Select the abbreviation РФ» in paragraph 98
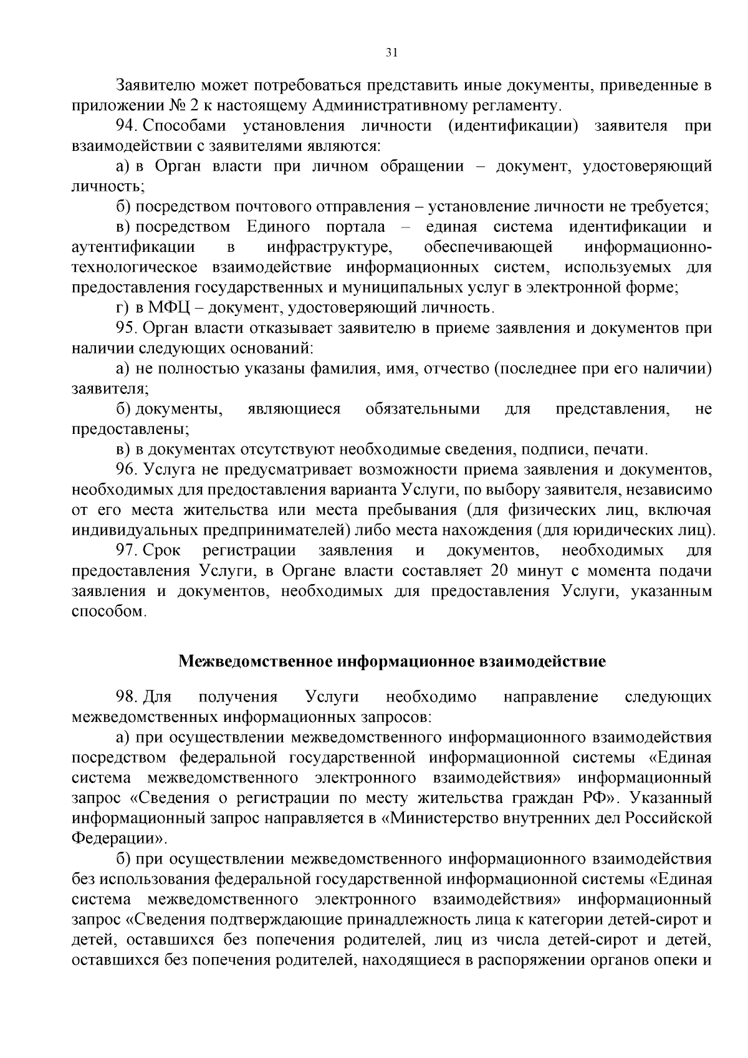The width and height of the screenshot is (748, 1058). coord(598,799)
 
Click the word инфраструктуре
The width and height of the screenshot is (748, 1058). coord(329,248)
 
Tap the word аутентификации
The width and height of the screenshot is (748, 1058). coord(133,248)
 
